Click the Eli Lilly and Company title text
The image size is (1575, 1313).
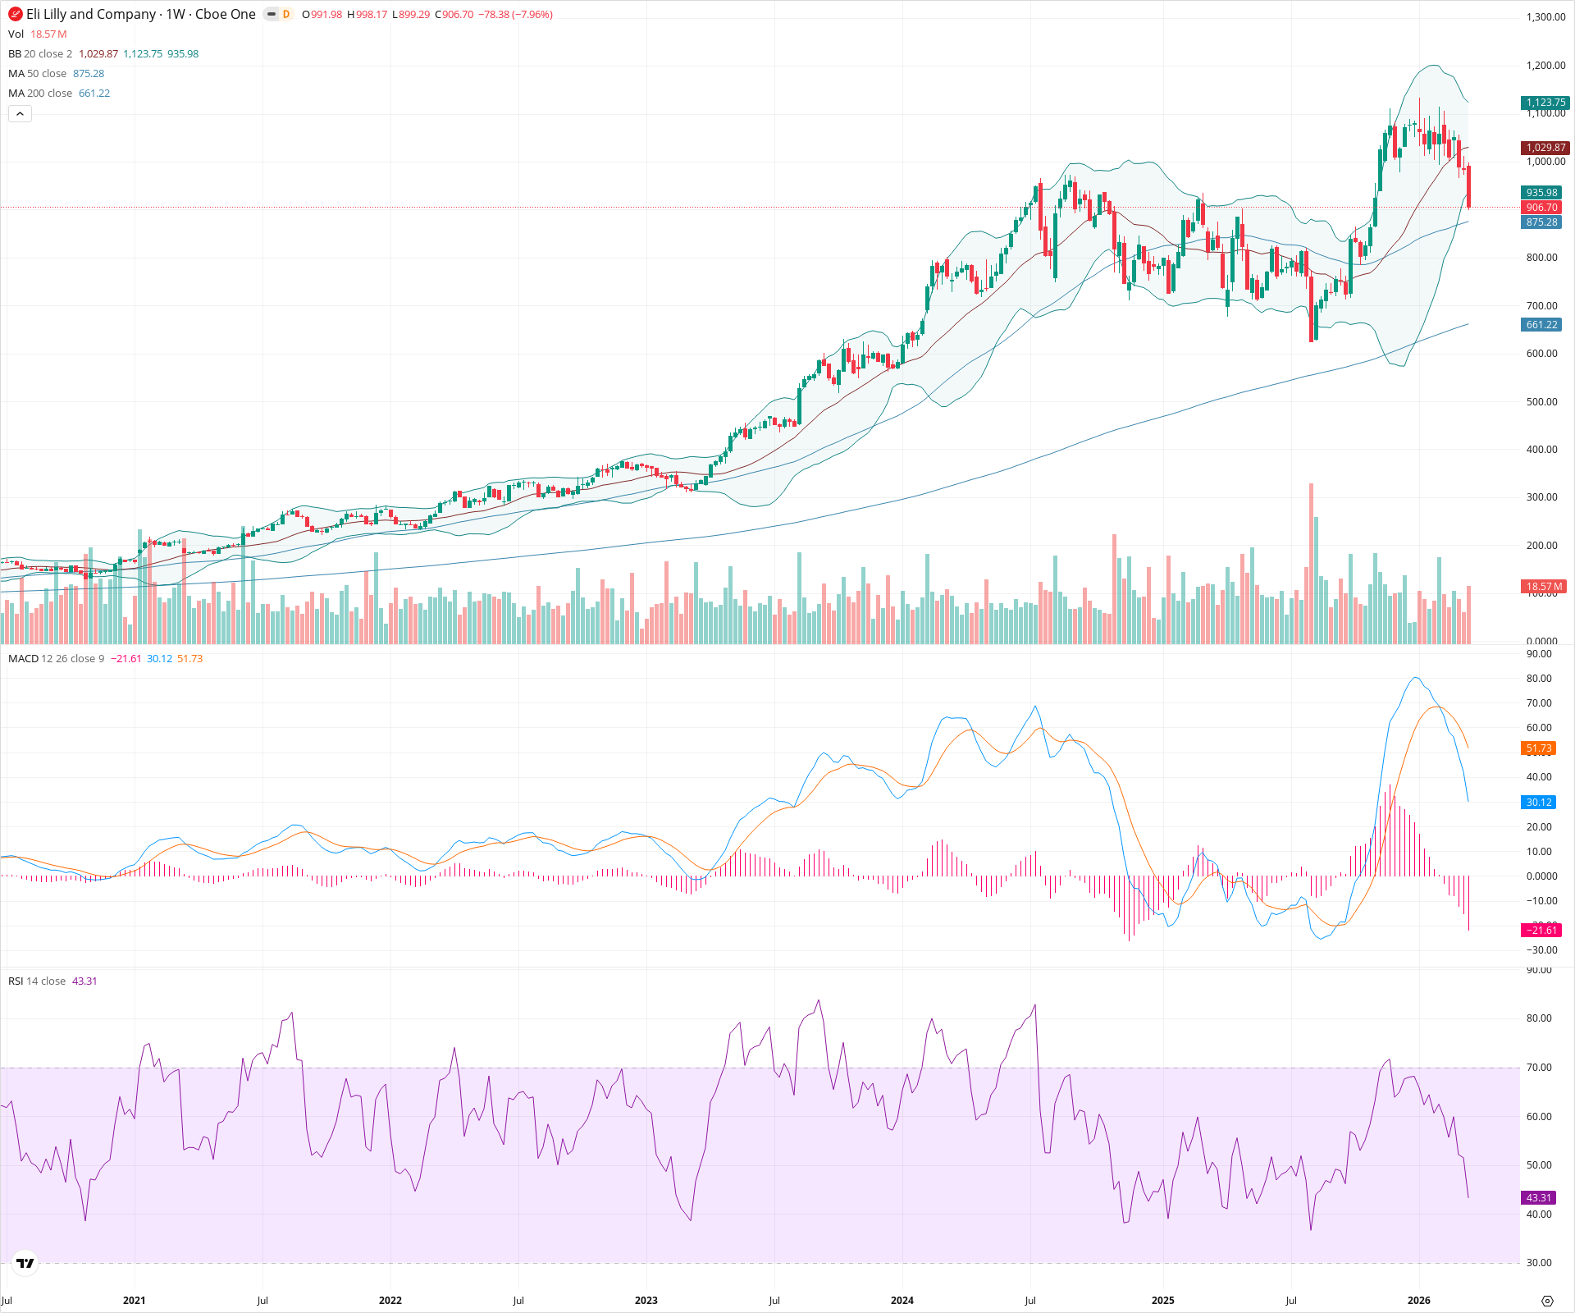click(91, 15)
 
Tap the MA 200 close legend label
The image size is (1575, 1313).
click(40, 94)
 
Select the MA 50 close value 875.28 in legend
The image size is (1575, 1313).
click(89, 74)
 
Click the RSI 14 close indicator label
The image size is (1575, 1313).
click(37, 981)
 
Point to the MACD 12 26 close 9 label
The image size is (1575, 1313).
click(56, 659)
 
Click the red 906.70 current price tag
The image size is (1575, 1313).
click(1541, 208)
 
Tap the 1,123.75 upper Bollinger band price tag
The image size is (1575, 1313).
click(1545, 103)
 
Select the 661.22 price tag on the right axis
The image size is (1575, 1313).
click(1541, 325)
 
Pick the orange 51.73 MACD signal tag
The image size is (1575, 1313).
click(1539, 748)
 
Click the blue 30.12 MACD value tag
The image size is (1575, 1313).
click(1539, 803)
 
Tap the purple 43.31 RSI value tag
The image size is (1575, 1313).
click(1539, 1198)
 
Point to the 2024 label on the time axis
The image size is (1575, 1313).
click(902, 1301)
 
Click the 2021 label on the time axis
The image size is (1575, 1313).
click(135, 1301)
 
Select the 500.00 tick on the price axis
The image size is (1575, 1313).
click(1541, 402)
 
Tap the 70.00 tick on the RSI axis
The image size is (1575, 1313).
click(1539, 1068)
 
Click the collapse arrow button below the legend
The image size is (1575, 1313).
click(20, 114)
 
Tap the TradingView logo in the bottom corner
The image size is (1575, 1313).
click(25, 1263)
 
